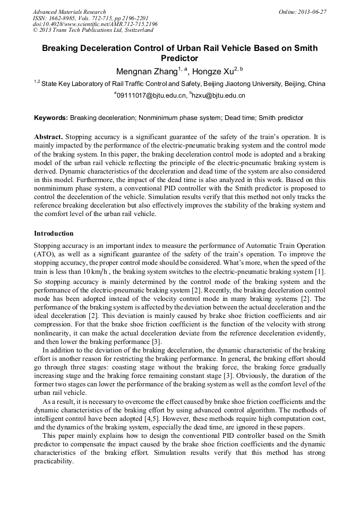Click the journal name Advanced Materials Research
(69, 11)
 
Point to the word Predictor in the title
(179, 58)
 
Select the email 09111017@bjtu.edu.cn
(150, 96)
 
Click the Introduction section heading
(54, 234)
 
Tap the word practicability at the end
(53, 462)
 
